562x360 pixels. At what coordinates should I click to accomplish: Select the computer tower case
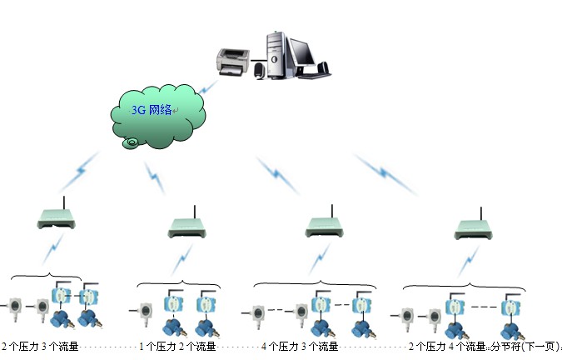point(276,51)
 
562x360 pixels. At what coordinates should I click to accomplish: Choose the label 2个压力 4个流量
point(445,347)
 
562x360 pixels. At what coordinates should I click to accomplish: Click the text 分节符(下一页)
point(524,347)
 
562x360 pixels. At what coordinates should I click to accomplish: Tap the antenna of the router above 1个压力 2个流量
point(195,209)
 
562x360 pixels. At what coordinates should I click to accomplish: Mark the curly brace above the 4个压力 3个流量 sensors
point(314,284)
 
